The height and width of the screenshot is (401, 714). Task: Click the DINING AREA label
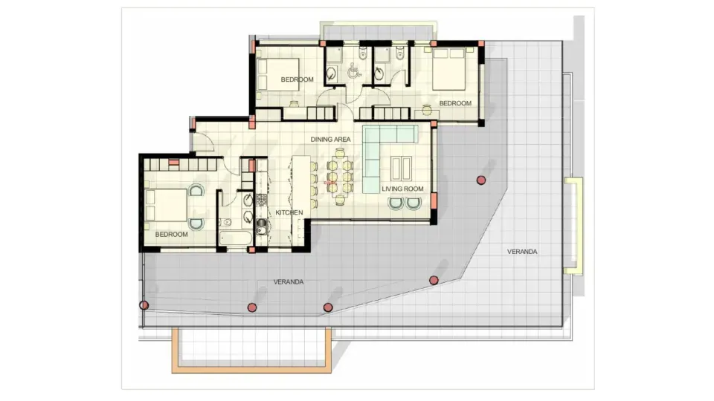click(x=330, y=139)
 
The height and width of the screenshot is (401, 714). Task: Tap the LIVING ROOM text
click(x=403, y=189)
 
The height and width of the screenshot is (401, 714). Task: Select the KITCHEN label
click(x=289, y=212)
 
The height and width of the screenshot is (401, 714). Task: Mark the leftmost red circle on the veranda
click(x=144, y=304)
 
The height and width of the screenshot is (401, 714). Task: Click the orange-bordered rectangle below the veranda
click(x=251, y=351)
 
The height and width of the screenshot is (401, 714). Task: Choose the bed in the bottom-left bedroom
click(x=168, y=205)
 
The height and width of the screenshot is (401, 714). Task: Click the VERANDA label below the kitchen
click(x=289, y=282)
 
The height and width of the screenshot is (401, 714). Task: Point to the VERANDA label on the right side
click(x=522, y=252)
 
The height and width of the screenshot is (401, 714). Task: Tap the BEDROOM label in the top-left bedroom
click(x=297, y=79)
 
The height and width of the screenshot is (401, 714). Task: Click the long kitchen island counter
click(x=301, y=182)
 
